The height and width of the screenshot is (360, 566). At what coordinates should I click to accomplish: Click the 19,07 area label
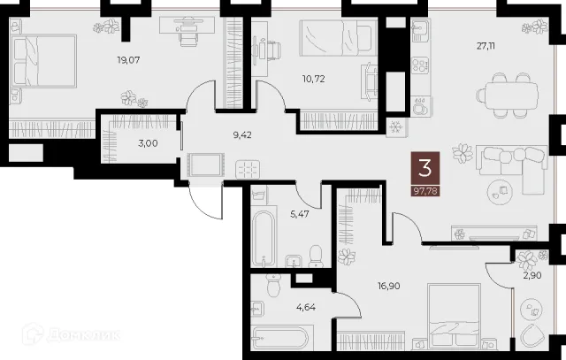coord(128,60)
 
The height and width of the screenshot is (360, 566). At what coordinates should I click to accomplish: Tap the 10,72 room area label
coord(313,79)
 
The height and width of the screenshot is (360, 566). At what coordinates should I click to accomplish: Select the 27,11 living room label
coord(486,46)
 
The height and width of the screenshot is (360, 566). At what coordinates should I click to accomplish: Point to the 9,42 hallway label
coord(241,135)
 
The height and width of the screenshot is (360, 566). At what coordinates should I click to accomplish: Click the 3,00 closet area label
coord(148,143)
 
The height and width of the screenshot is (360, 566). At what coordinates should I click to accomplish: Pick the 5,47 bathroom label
coord(300,214)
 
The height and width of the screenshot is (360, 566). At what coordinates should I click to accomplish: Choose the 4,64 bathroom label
coord(306,308)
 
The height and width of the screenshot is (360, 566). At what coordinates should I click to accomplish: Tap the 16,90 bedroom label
coord(389,286)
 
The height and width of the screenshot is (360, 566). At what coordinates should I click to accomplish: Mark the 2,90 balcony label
coord(532,275)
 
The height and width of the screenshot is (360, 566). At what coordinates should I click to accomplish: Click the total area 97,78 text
coord(425,191)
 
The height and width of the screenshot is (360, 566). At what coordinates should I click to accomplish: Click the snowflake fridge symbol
coord(396,127)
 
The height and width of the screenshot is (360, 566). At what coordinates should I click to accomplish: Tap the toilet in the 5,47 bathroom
coord(316,257)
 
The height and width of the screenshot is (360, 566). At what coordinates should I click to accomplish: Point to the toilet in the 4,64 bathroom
coord(274,285)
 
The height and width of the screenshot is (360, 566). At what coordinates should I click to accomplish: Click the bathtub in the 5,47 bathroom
coord(264,238)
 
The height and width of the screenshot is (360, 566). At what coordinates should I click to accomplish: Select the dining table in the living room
coord(507,95)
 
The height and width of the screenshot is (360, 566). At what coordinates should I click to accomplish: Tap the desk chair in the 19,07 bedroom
coord(188,36)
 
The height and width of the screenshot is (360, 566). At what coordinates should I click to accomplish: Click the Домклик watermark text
coord(84,335)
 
